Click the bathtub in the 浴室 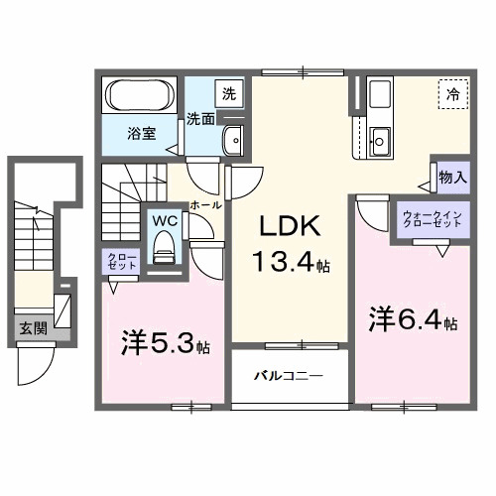[140, 95]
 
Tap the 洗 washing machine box [229, 93]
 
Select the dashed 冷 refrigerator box [453, 94]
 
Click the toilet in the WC [164, 247]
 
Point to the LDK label [290, 225]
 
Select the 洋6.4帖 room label [414, 319]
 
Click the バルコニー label [289, 376]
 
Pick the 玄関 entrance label [34, 328]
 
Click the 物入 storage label [453, 178]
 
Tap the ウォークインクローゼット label [433, 219]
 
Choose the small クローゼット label [122, 261]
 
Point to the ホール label [205, 205]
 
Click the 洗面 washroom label [200, 119]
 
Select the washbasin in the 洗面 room [234, 140]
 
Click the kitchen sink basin [380, 142]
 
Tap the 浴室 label [142, 133]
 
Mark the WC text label [165, 221]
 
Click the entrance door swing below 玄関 [35, 364]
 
